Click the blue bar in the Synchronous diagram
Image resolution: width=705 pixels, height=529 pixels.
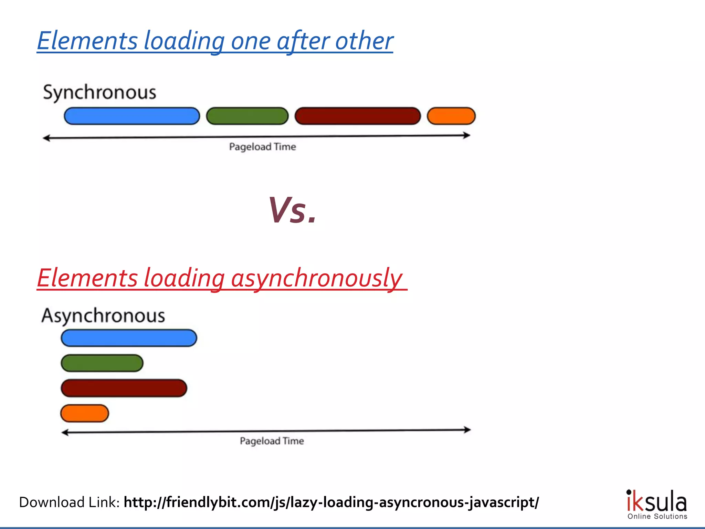click(132, 116)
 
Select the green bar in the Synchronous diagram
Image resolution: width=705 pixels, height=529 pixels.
click(247, 116)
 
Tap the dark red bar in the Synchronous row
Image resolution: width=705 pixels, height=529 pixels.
click(358, 116)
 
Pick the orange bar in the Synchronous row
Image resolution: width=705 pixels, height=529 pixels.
click(451, 116)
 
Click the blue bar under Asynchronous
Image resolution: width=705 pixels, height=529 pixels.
click(129, 338)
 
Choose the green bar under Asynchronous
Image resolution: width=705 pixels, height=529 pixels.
click(102, 363)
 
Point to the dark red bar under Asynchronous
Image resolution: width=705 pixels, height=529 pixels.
click(124, 388)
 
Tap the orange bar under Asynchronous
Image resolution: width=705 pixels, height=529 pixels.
click(85, 413)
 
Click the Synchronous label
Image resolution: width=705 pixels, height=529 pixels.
click(99, 93)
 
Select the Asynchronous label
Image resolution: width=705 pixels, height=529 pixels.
click(103, 315)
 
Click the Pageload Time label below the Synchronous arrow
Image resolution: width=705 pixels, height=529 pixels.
click(263, 147)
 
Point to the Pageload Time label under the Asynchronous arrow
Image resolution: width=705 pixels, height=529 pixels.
click(272, 441)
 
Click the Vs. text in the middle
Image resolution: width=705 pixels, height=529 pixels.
click(292, 210)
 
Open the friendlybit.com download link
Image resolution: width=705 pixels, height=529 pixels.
click(331, 502)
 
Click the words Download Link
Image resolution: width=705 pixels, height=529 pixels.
click(69, 502)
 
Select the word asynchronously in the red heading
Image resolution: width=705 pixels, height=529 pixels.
click(316, 278)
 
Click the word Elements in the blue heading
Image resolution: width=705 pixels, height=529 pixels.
click(87, 41)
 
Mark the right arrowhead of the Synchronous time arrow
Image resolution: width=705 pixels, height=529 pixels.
click(467, 135)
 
